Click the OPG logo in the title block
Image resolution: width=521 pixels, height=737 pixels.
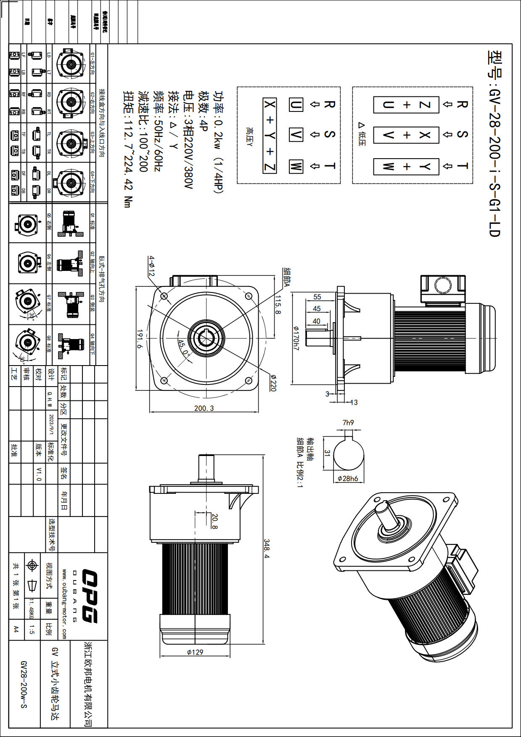tap(90, 596)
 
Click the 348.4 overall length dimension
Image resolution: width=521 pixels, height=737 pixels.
tap(267, 549)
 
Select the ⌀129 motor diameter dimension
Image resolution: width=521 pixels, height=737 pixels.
tap(195, 652)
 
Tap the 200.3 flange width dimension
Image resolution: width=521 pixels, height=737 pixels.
tap(204, 408)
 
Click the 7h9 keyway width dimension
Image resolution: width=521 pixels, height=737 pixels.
tap(348, 423)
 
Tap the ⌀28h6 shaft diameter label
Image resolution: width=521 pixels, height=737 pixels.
tap(348, 478)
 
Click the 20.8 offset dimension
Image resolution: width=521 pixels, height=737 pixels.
tap(214, 521)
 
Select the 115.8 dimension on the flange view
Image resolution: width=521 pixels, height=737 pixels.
tap(278, 304)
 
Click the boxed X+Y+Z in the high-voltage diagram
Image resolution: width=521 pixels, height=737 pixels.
tap(270, 135)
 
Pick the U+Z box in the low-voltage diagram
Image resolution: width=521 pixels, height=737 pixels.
tap(406, 105)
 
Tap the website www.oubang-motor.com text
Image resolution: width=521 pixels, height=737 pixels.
tap(64, 604)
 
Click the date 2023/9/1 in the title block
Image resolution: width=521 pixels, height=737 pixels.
tap(52, 424)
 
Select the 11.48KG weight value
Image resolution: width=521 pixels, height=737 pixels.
tap(31, 609)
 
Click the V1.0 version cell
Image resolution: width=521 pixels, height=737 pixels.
tap(39, 474)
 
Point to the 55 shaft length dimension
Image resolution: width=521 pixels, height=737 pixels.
tap(317, 297)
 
